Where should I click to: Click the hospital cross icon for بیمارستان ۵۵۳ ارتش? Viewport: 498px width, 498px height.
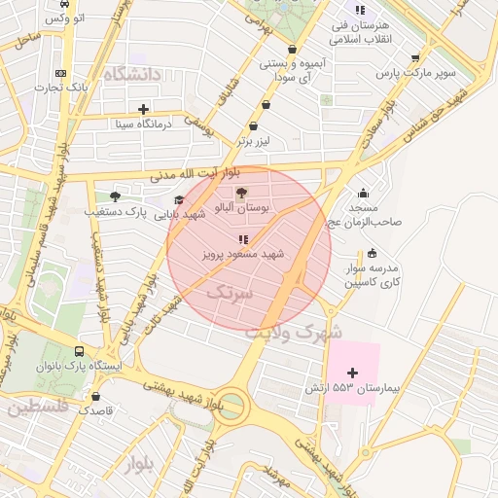click(353, 373)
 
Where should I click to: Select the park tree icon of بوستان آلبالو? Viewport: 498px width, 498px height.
click(242, 194)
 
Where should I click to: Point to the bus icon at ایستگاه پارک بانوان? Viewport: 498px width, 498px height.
click(79, 351)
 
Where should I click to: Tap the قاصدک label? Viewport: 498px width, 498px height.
click(96, 410)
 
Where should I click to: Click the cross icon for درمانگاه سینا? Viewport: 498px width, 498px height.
click(144, 109)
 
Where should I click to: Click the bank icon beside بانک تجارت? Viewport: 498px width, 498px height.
click(61, 74)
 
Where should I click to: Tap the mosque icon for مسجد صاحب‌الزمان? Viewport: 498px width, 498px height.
click(364, 193)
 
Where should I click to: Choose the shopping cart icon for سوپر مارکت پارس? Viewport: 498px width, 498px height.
click(415, 57)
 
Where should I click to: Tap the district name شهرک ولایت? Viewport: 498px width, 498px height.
click(294, 332)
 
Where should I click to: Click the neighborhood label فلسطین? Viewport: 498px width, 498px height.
click(38, 408)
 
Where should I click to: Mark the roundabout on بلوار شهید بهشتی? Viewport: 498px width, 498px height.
click(231, 402)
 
